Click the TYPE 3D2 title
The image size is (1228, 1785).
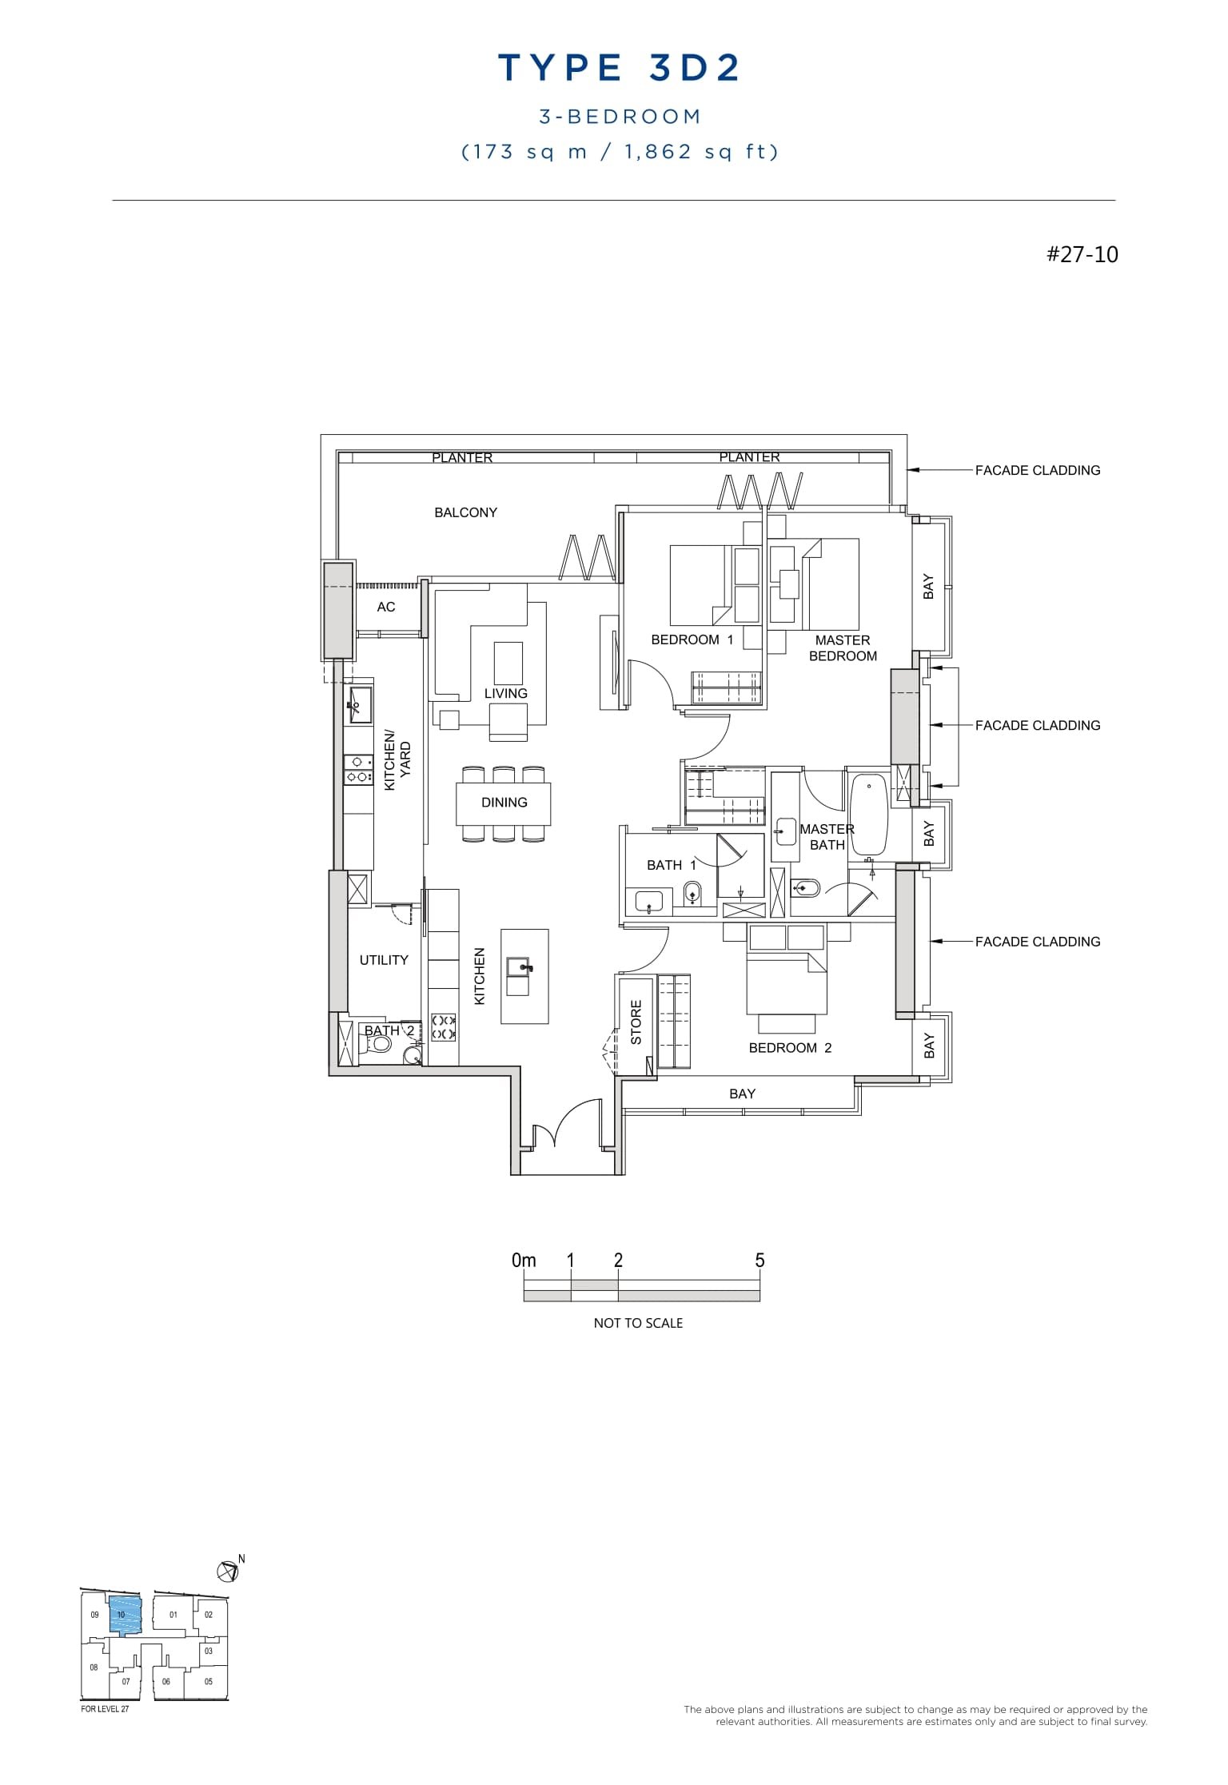pos(620,69)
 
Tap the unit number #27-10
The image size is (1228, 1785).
pos(1082,254)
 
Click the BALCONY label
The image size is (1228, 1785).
pos(465,512)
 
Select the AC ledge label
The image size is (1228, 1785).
pos(386,607)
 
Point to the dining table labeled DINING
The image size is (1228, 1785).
pos(504,803)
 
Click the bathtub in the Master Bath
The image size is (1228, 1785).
pos(869,815)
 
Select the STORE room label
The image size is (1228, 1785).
pos(636,1022)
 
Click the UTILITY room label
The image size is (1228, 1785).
pos(384,960)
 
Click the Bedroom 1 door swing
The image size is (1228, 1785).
pos(652,682)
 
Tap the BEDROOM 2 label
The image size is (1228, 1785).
pos(790,1048)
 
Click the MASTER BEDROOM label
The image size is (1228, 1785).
pos(843,648)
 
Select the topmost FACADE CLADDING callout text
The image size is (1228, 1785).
pos(1037,471)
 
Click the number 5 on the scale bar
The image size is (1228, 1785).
pos(760,1261)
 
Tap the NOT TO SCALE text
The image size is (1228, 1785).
pos(638,1323)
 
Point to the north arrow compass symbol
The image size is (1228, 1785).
pos(228,1571)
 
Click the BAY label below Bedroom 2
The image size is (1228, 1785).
pos(742,1094)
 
